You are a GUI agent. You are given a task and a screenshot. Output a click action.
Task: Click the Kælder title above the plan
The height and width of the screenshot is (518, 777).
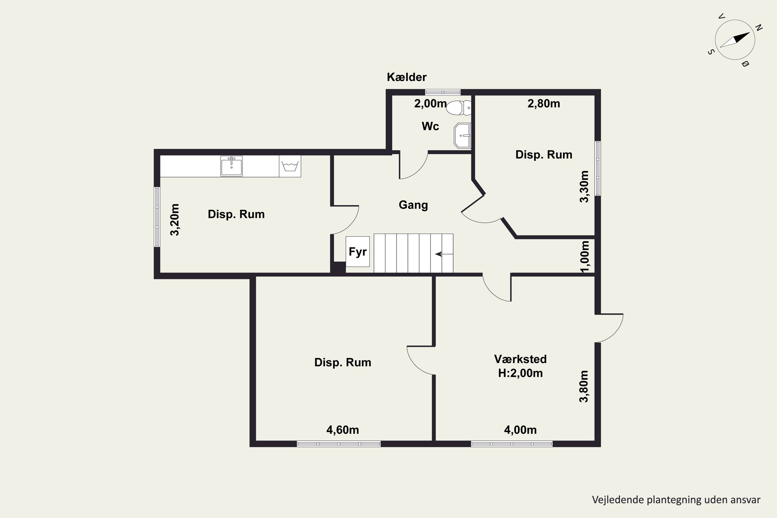407,77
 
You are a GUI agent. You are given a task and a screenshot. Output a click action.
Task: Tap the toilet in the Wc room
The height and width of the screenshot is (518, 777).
458,108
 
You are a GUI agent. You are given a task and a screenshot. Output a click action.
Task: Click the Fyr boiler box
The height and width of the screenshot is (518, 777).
357,251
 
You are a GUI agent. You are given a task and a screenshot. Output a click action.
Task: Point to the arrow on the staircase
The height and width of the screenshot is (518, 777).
444,254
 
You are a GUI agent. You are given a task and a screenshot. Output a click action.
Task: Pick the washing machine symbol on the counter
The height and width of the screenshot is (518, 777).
290,166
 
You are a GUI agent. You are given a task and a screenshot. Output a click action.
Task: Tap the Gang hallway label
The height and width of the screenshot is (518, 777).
413,205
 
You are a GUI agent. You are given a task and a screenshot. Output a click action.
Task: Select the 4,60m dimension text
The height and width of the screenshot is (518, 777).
343,430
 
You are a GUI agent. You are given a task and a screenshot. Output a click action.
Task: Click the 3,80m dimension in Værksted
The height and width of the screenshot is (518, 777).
584,386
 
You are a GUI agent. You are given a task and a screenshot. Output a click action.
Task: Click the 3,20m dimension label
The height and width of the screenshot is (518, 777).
174,220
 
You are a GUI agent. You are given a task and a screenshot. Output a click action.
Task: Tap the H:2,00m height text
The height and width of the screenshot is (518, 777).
520,373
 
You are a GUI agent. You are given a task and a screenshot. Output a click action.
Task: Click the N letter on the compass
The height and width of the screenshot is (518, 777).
759,28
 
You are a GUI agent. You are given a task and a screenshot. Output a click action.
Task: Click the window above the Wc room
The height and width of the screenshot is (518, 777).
443,92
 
